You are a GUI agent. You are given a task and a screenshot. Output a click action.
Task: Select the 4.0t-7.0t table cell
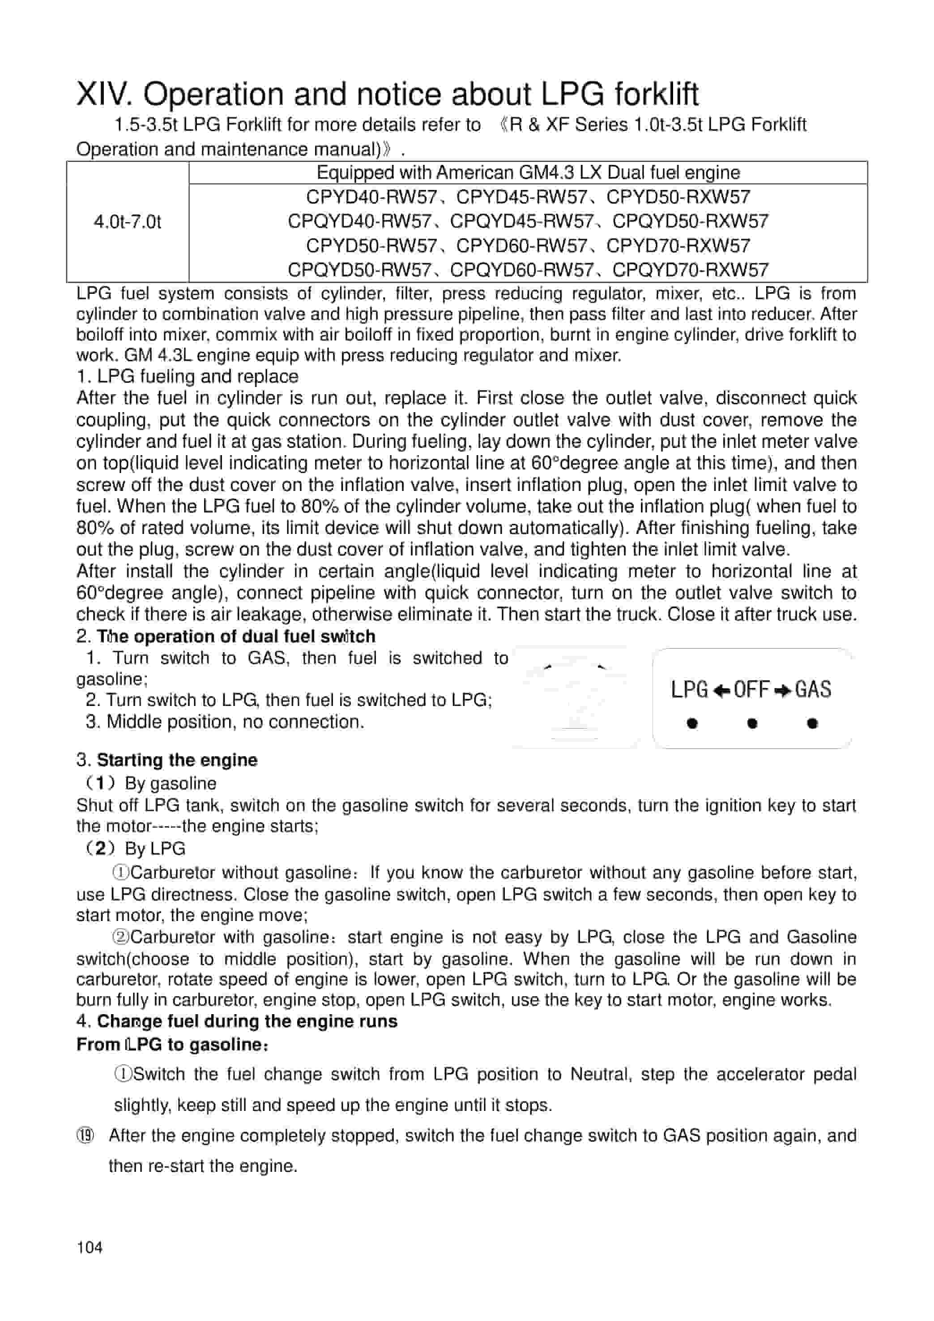[127, 222]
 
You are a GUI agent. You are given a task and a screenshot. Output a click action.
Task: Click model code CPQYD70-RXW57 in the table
[690, 270]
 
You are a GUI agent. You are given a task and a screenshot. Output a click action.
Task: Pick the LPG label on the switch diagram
[689, 689]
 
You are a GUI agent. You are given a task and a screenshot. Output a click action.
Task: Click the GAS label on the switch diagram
[813, 689]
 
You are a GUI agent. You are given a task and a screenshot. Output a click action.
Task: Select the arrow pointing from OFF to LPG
[721, 690]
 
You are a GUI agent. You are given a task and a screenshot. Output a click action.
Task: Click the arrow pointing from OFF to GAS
[782, 690]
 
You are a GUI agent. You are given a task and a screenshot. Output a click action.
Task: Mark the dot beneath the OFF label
[752, 723]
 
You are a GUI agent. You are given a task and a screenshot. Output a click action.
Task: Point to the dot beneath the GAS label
[812, 723]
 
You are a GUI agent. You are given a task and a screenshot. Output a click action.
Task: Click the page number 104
[90, 1248]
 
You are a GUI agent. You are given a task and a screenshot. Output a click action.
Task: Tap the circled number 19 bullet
[85, 1136]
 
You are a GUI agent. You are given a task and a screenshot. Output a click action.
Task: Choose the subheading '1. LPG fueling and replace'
[188, 376]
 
